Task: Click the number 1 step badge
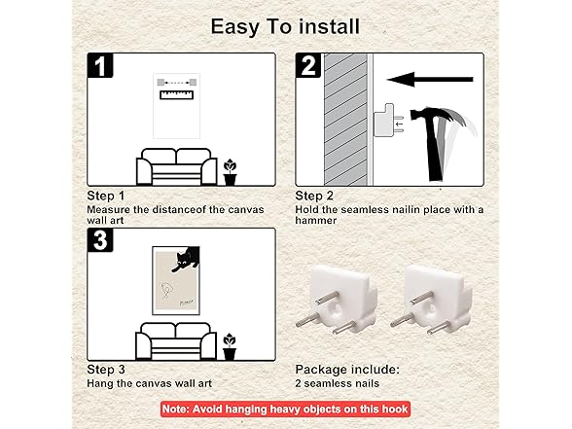click(x=100, y=65)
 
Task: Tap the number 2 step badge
click(x=308, y=65)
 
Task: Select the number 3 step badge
click(x=100, y=240)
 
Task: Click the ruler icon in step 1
click(x=177, y=95)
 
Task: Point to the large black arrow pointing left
click(x=430, y=79)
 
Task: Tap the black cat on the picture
click(x=186, y=259)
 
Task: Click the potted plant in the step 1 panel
click(x=230, y=172)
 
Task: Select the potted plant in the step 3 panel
click(x=230, y=346)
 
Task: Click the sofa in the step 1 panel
click(x=177, y=166)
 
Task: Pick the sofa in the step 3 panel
click(x=176, y=341)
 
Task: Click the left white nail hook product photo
click(x=337, y=300)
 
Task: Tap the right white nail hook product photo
click(x=430, y=300)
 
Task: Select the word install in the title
click(x=330, y=26)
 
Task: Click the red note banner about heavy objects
click(x=285, y=409)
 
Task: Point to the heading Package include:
click(x=347, y=370)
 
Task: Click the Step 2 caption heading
click(x=314, y=196)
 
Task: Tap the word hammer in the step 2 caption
click(x=315, y=220)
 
